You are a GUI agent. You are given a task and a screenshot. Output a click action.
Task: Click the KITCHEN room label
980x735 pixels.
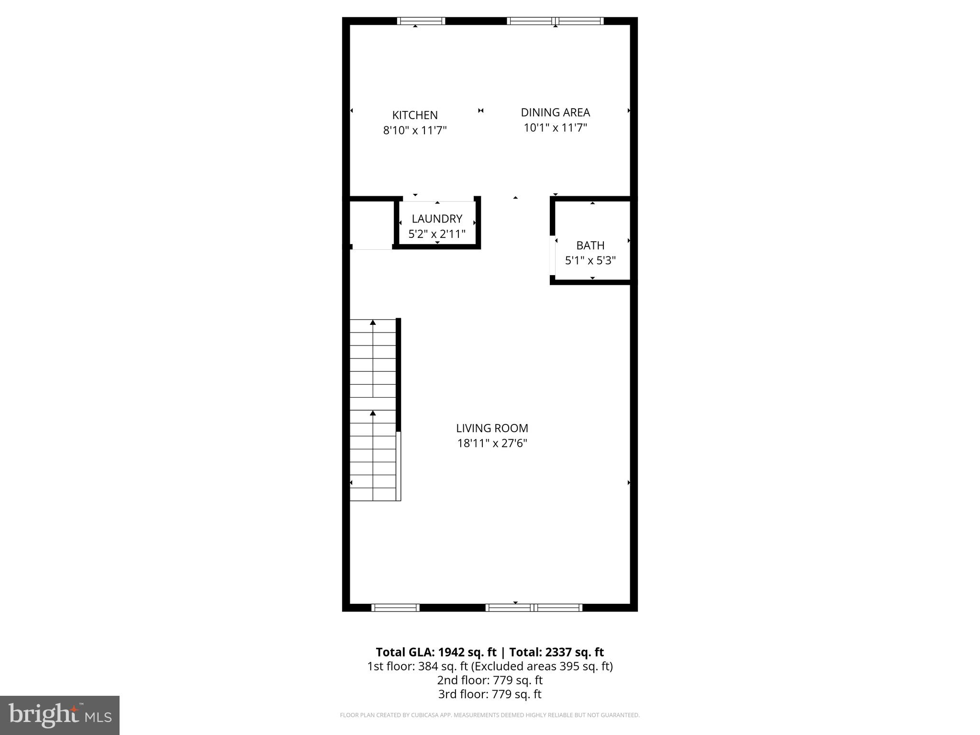click(415, 115)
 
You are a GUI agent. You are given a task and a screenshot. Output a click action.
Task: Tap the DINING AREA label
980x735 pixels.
click(555, 112)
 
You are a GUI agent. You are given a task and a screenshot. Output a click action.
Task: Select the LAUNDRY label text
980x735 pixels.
click(437, 219)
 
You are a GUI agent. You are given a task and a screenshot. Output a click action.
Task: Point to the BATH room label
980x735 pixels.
click(590, 245)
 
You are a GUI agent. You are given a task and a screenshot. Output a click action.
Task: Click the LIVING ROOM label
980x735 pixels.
click(492, 428)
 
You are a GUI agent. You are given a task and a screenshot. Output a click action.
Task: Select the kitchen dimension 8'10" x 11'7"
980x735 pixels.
click(415, 130)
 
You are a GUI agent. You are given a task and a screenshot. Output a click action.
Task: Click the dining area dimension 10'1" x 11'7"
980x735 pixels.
click(555, 128)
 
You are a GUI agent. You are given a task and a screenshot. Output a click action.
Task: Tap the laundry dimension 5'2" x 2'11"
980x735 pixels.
click(437, 234)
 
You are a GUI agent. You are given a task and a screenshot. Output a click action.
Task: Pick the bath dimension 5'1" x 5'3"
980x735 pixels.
click(590, 261)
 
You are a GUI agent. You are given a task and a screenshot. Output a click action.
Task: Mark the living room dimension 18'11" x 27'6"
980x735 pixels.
click(492, 444)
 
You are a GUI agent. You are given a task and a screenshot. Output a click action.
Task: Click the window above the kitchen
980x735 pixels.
click(421, 21)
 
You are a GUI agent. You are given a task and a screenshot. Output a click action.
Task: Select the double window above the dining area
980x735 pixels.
click(555, 21)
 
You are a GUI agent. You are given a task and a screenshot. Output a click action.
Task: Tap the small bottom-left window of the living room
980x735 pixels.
click(395, 608)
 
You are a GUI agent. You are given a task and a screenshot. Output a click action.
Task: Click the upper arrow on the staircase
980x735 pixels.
click(373, 323)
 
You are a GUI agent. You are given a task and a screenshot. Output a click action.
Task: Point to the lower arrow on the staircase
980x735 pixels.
click(373, 413)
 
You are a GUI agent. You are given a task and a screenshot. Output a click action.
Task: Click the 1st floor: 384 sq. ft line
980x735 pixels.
click(490, 666)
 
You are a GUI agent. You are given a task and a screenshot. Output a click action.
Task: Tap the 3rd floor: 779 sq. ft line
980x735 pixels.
click(490, 694)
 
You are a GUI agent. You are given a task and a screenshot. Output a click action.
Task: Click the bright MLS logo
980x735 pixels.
click(60, 715)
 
